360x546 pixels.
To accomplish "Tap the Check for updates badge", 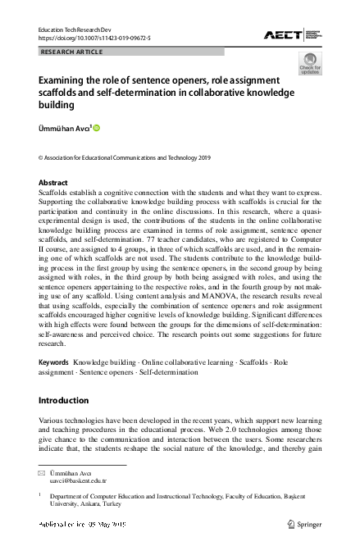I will (309, 63).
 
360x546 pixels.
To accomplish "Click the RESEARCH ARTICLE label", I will (72, 52).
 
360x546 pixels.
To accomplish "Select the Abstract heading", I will (54, 182).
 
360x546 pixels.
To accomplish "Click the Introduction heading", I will (64, 401).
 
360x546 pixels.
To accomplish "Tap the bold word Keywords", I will (54, 362).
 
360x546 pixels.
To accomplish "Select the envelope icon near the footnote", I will (43, 475).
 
